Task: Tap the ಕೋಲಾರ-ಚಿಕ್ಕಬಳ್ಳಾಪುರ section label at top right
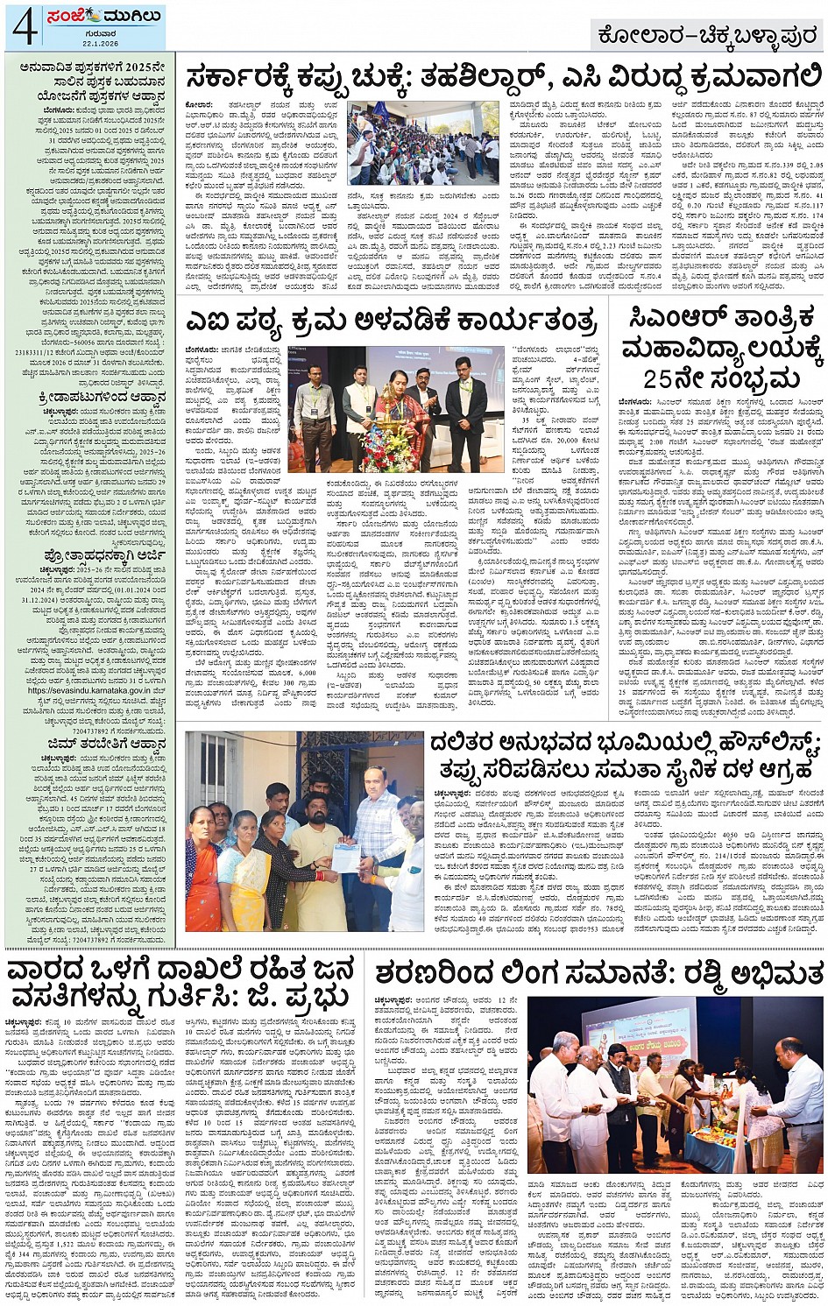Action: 704,37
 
